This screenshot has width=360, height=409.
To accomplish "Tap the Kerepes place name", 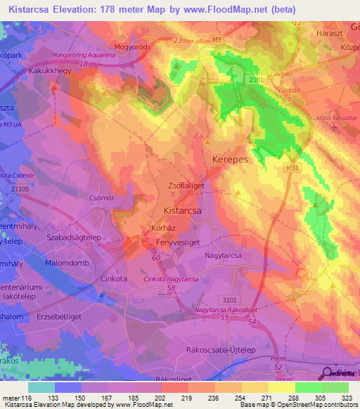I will tap(230, 160).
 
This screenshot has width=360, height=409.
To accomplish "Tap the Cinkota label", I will tap(112, 279).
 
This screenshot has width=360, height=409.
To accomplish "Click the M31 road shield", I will tap(293, 169).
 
